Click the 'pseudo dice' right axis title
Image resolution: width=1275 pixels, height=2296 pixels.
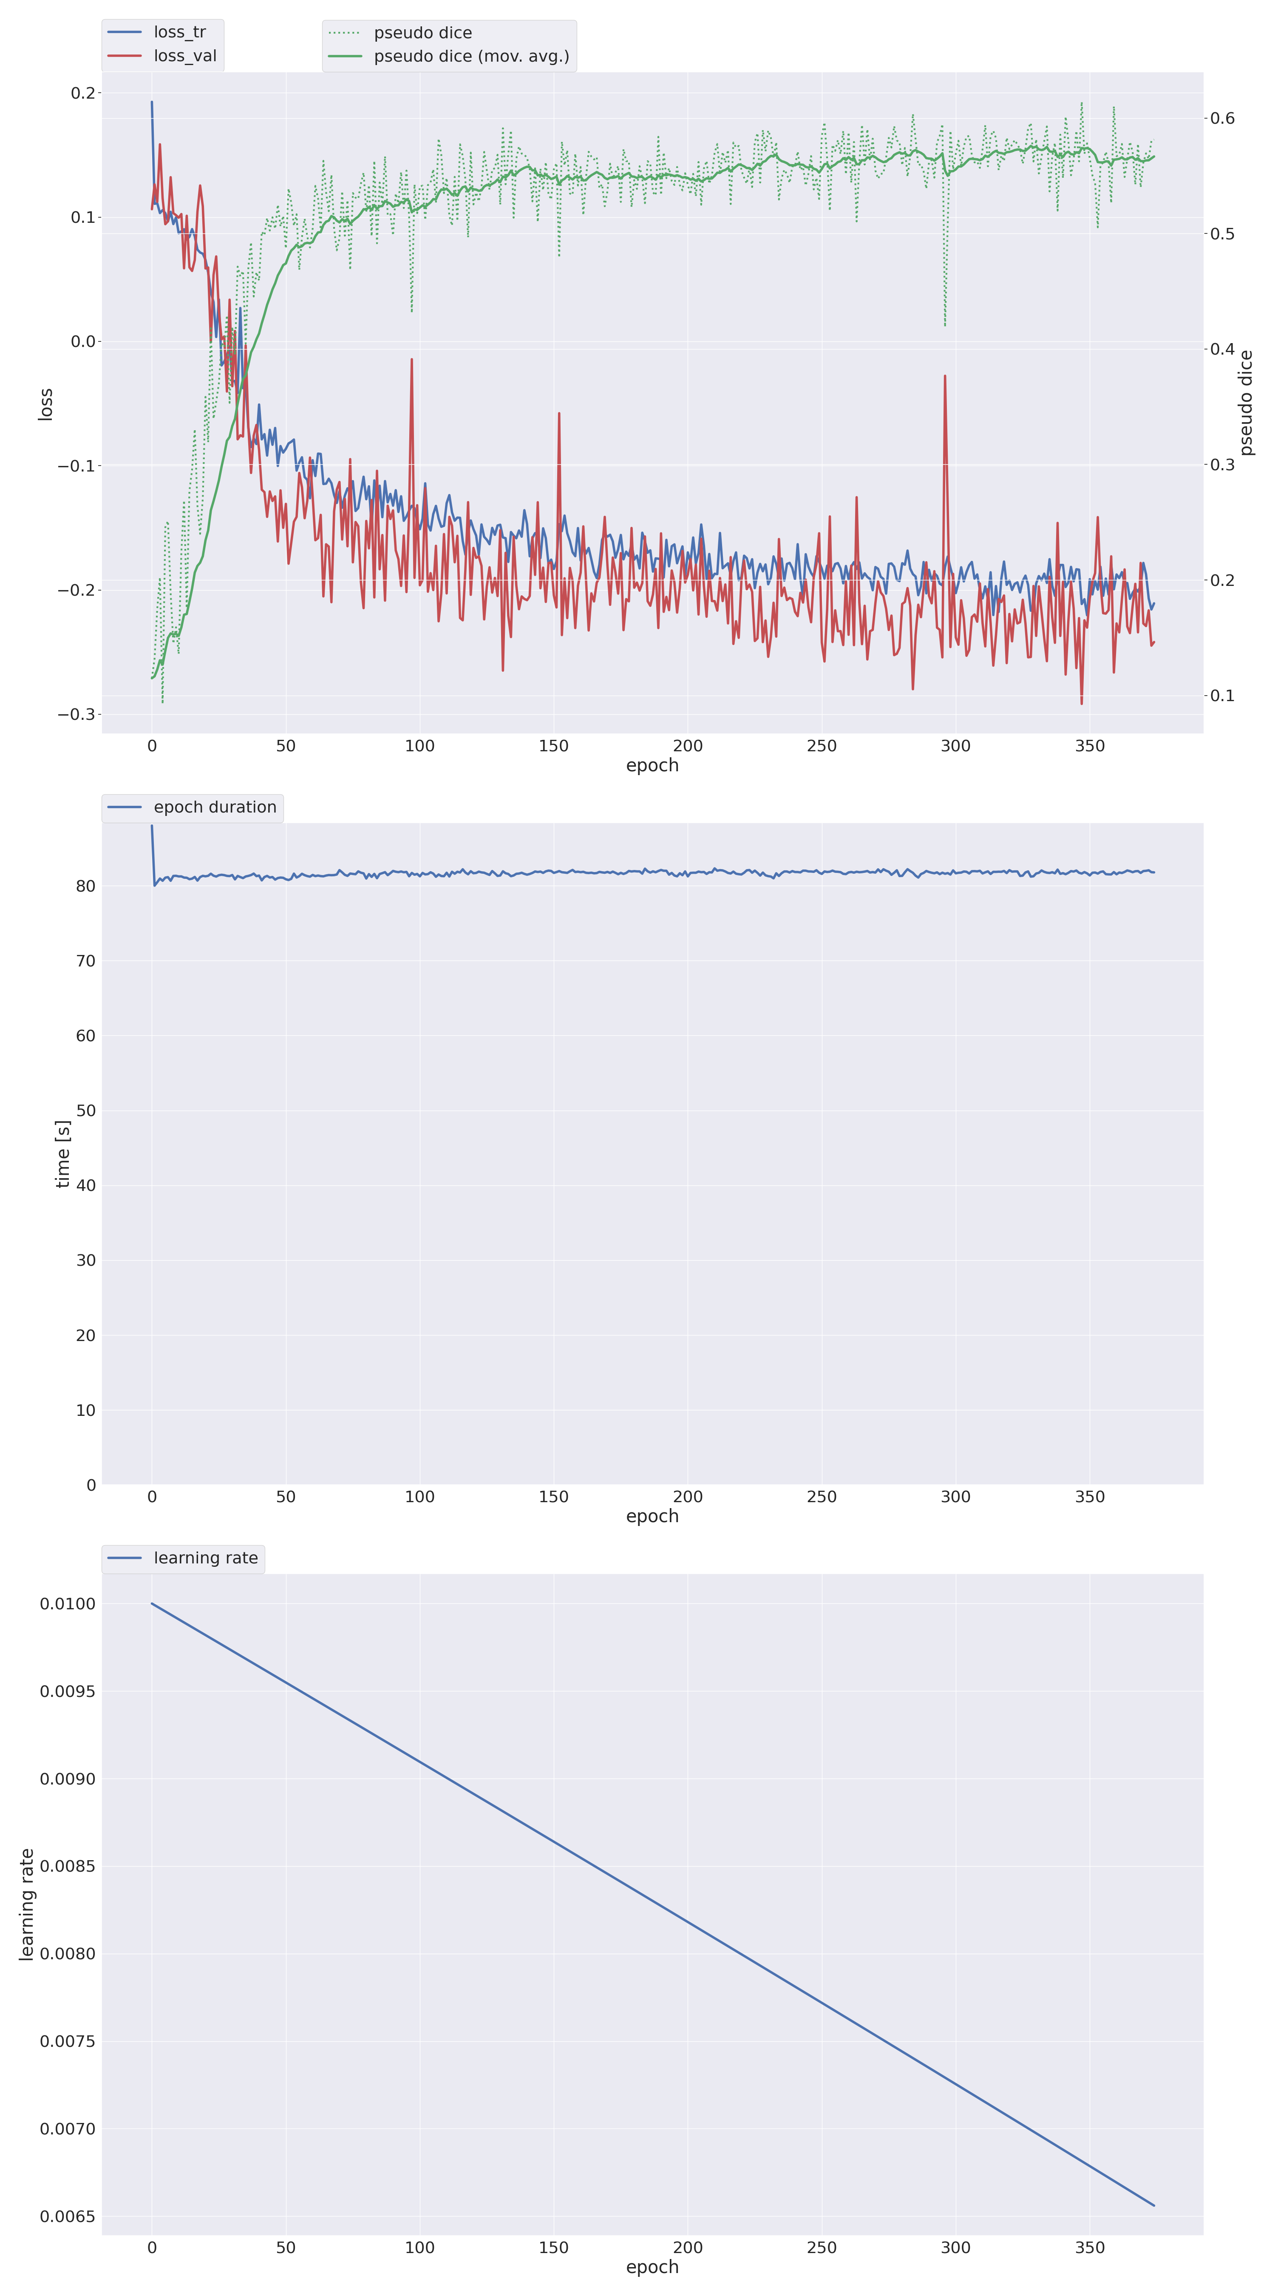1247,403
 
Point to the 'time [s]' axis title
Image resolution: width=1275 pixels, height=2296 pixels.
62,1154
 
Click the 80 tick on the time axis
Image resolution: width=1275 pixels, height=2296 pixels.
85,886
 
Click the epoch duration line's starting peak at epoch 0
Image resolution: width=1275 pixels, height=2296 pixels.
151,826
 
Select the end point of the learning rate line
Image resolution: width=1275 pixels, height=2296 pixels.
1154,2206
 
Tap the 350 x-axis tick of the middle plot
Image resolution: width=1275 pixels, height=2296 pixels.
1090,1498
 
